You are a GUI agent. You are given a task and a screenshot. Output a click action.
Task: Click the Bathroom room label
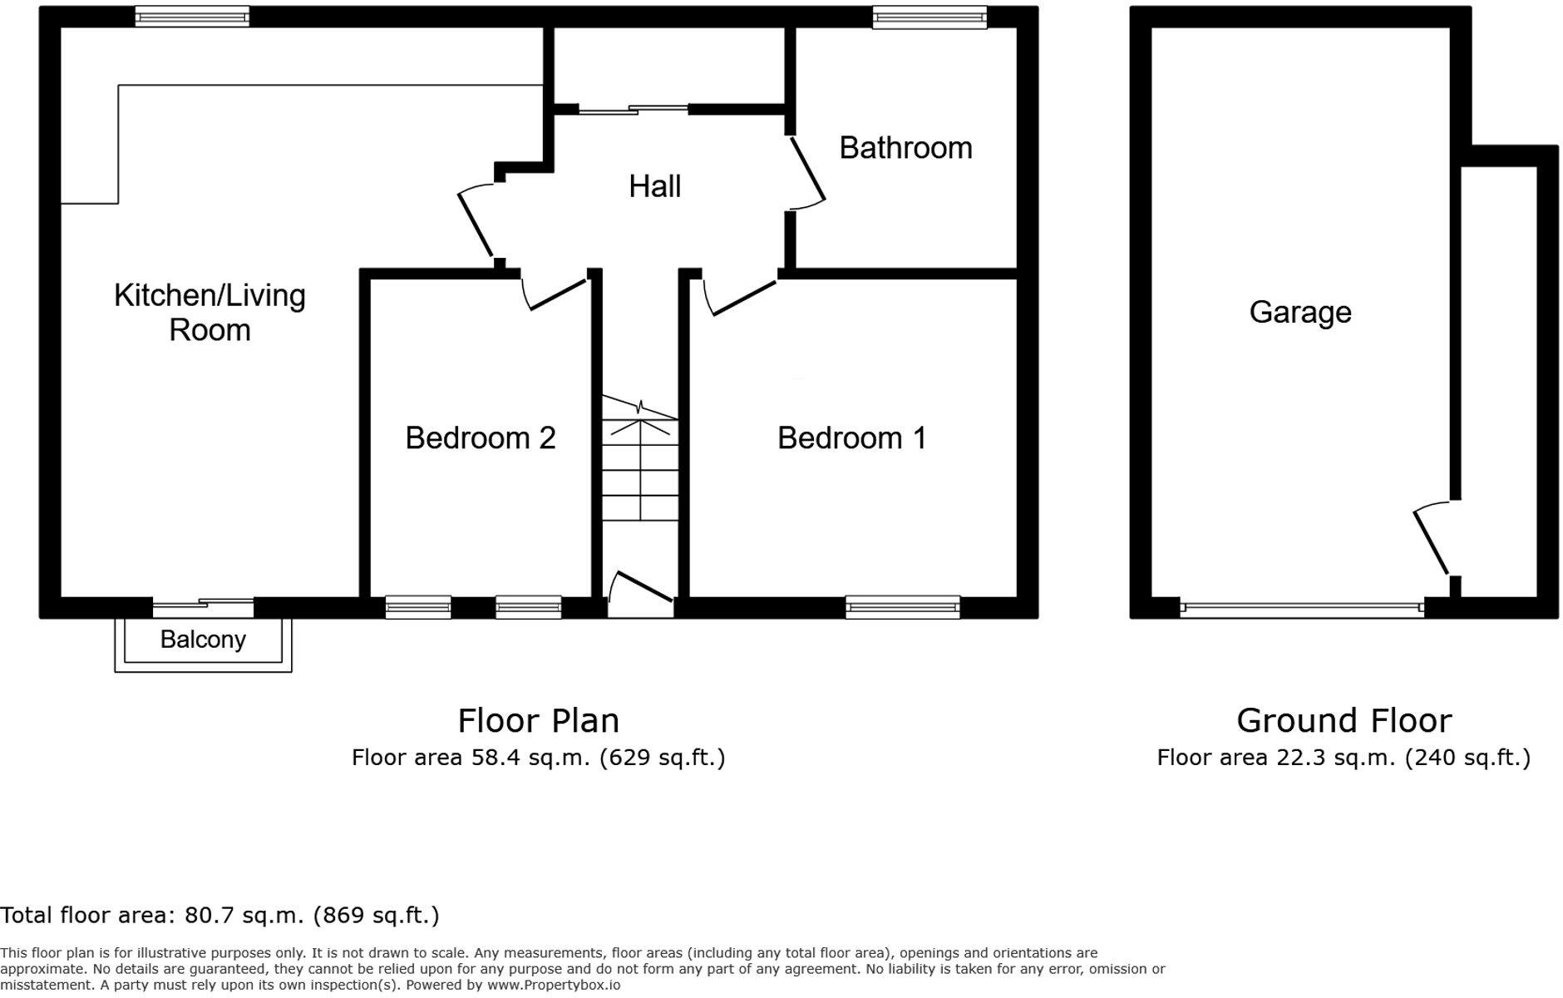[x=905, y=148]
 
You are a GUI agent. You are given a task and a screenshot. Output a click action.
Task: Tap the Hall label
[x=655, y=186]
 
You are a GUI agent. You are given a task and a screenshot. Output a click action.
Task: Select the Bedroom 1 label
[x=851, y=438]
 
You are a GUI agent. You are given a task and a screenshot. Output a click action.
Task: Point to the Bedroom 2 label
[x=481, y=438]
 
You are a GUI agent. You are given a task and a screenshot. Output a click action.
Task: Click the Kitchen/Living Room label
[x=210, y=313]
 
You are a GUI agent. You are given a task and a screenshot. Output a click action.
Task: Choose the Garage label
[x=1300, y=313]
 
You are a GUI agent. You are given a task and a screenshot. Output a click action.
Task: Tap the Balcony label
[x=203, y=640]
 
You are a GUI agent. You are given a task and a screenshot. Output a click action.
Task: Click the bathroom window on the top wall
[x=929, y=17]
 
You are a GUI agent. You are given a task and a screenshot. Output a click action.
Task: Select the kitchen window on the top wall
[x=192, y=17]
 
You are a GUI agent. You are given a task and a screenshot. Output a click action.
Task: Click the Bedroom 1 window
[x=903, y=607]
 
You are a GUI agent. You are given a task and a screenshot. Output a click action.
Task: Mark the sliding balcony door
[x=203, y=607]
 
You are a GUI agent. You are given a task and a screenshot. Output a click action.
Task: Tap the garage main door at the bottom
[x=1302, y=608]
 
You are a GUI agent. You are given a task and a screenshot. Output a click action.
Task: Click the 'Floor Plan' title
[x=539, y=720]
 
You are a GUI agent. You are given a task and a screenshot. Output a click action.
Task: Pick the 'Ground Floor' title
[x=1344, y=720]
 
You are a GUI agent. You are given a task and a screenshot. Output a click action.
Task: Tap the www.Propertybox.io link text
[x=553, y=986]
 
